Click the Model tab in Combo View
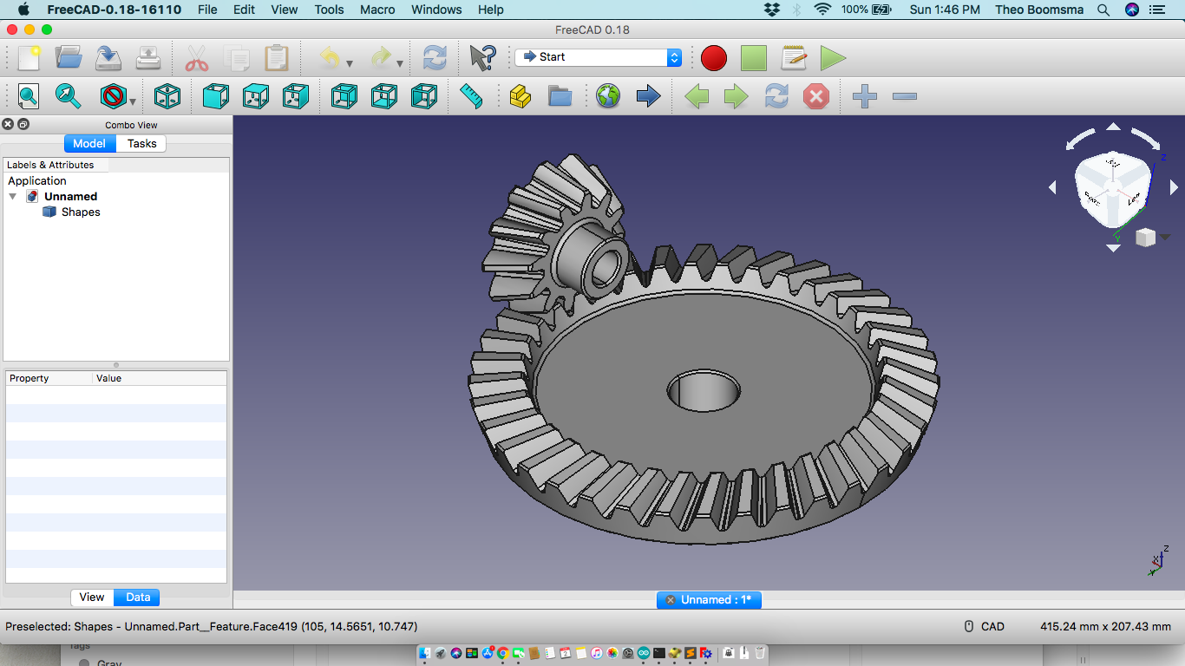(x=89, y=144)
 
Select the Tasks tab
(x=141, y=144)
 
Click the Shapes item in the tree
(x=80, y=212)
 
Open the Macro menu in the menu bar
(x=377, y=10)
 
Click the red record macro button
(x=713, y=58)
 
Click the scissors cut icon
(x=197, y=58)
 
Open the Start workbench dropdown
(x=598, y=57)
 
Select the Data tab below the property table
(x=138, y=597)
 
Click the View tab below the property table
(x=92, y=597)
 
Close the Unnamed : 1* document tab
(x=671, y=600)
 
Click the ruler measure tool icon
(x=471, y=96)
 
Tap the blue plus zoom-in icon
(x=864, y=96)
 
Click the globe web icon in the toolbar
(x=608, y=96)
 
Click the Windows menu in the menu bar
(x=436, y=10)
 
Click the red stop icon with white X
(x=815, y=96)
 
